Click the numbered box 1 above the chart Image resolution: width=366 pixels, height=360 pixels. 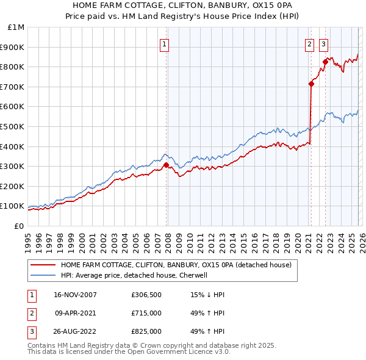click(165, 44)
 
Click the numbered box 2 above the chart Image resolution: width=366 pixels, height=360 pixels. click(309, 44)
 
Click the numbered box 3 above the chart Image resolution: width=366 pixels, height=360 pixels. click(323, 44)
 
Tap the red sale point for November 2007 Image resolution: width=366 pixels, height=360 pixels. click(167, 165)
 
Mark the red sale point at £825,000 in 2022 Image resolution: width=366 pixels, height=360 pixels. click(326, 62)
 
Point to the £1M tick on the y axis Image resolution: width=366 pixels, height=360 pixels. click(16, 27)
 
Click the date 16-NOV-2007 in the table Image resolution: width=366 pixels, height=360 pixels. click(75, 295)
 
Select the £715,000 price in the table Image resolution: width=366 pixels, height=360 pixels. click(146, 313)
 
